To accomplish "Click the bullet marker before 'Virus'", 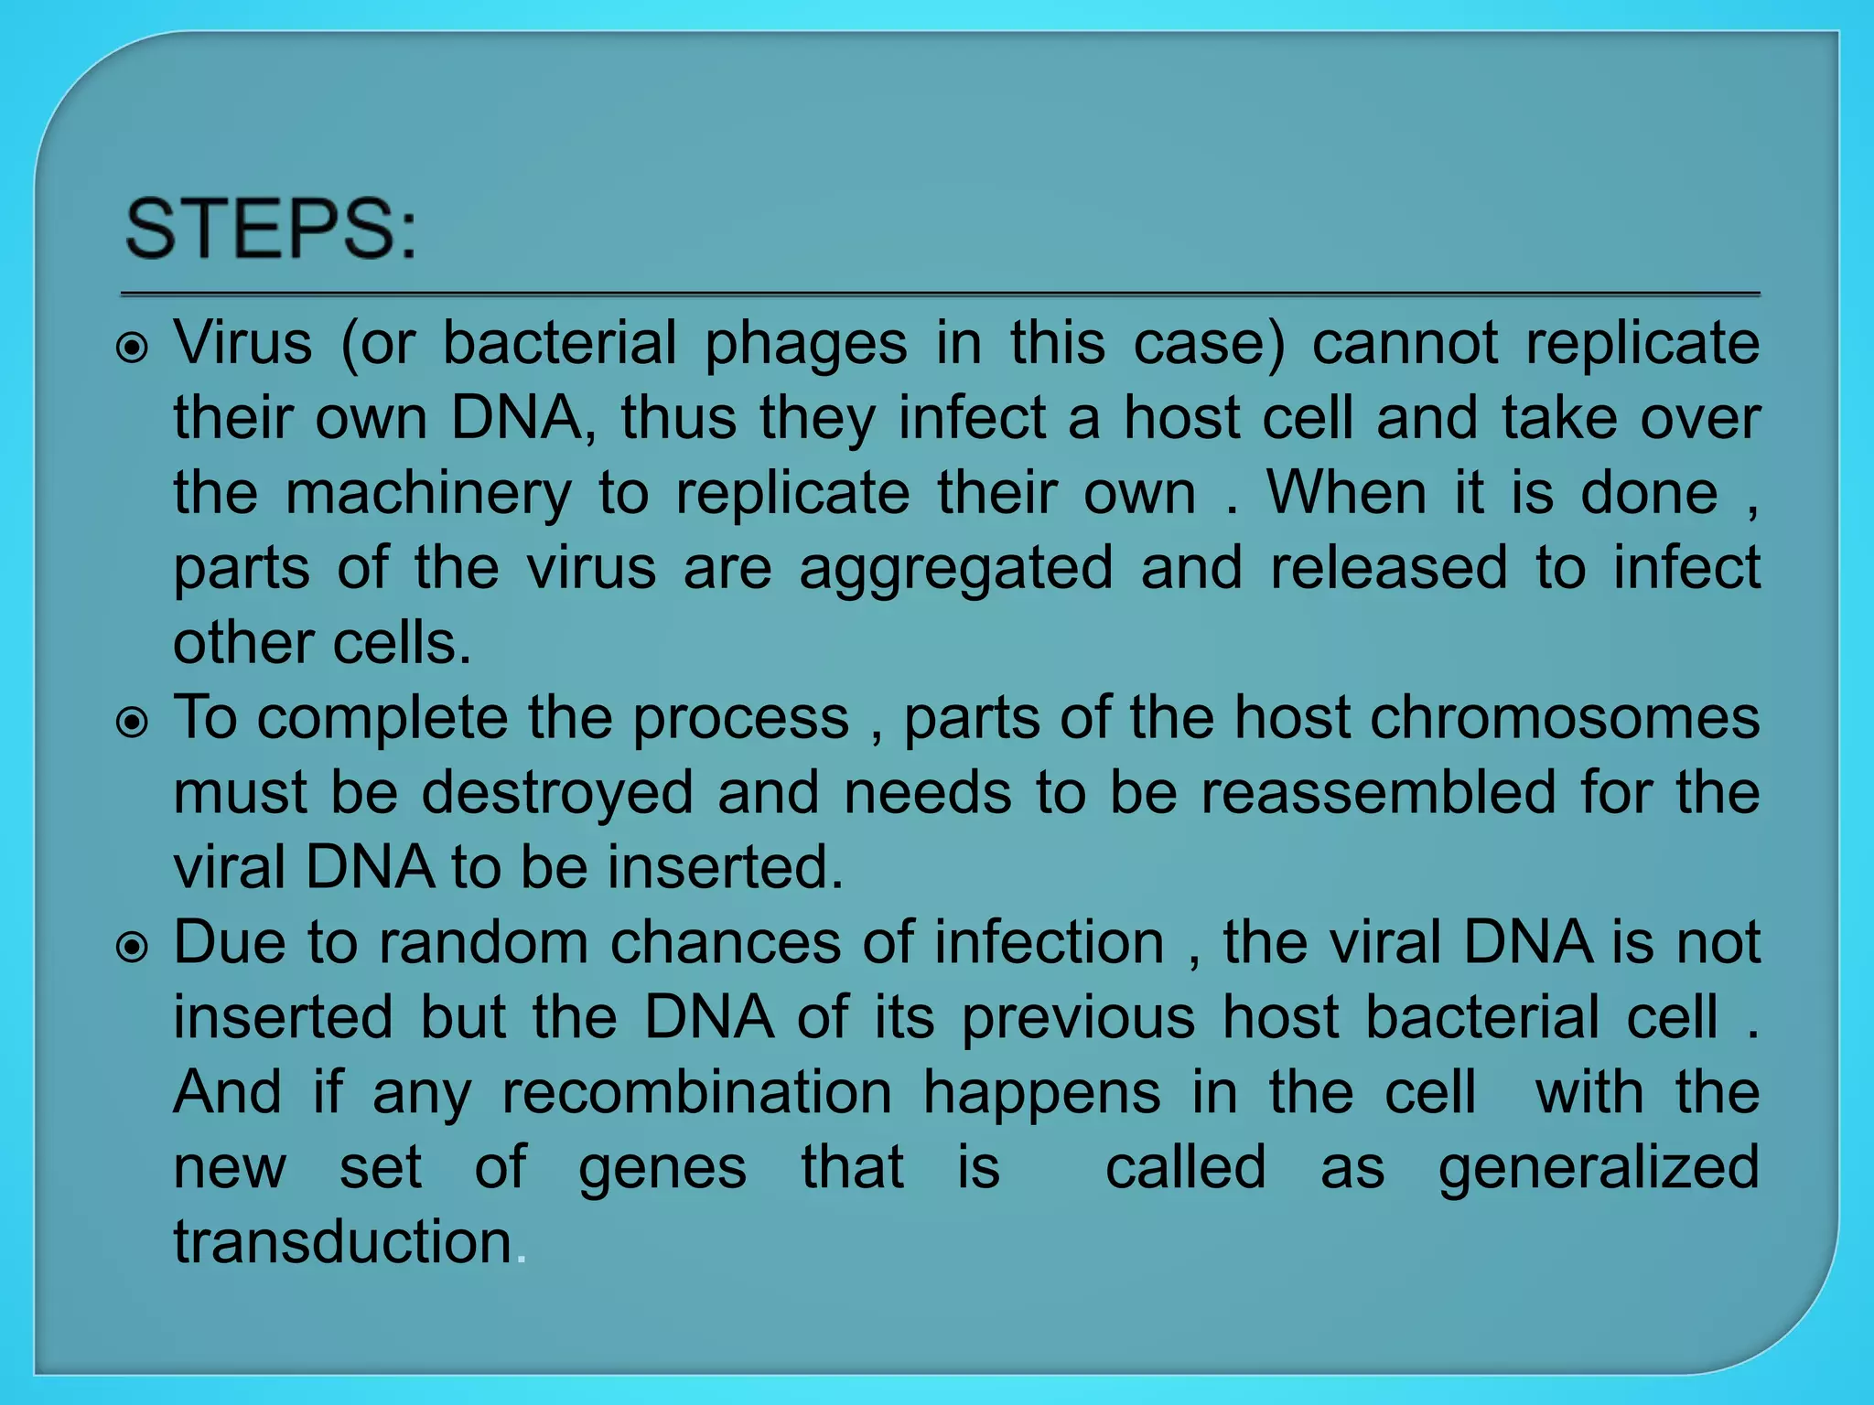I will pyautogui.click(x=134, y=349).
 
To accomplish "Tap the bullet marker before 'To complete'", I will pyautogui.click(x=134, y=724).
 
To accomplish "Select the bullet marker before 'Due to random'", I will pyautogui.click(x=134, y=949).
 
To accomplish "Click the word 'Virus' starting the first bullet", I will pyautogui.click(x=243, y=344).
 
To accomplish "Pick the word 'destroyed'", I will pyautogui.click(x=557, y=794).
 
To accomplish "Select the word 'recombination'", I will pyautogui.click(x=697, y=1092).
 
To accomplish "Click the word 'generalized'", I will pyautogui.click(x=1599, y=1169).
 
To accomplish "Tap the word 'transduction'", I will pyautogui.click(x=343, y=1242).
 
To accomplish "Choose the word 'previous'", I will pyautogui.click(x=1078, y=1019).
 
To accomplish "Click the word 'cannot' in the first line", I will pyautogui.click(x=1405, y=344).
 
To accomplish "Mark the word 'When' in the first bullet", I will pyautogui.click(x=1346, y=494).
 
